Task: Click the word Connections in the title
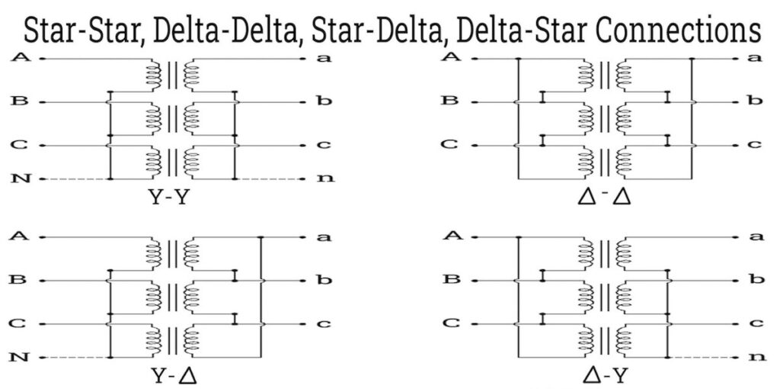682,31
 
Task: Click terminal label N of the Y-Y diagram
21,179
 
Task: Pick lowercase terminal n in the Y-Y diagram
325,179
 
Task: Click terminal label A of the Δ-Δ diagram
452,56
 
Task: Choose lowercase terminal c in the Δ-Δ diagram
756,144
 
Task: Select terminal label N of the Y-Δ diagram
21,356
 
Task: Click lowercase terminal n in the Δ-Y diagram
756,356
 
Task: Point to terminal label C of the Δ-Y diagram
452,323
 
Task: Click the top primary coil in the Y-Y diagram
155,73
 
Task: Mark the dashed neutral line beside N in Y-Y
76,179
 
